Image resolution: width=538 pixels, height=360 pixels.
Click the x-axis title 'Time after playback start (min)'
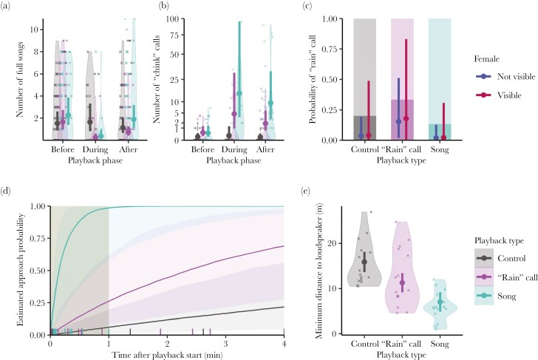167,354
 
